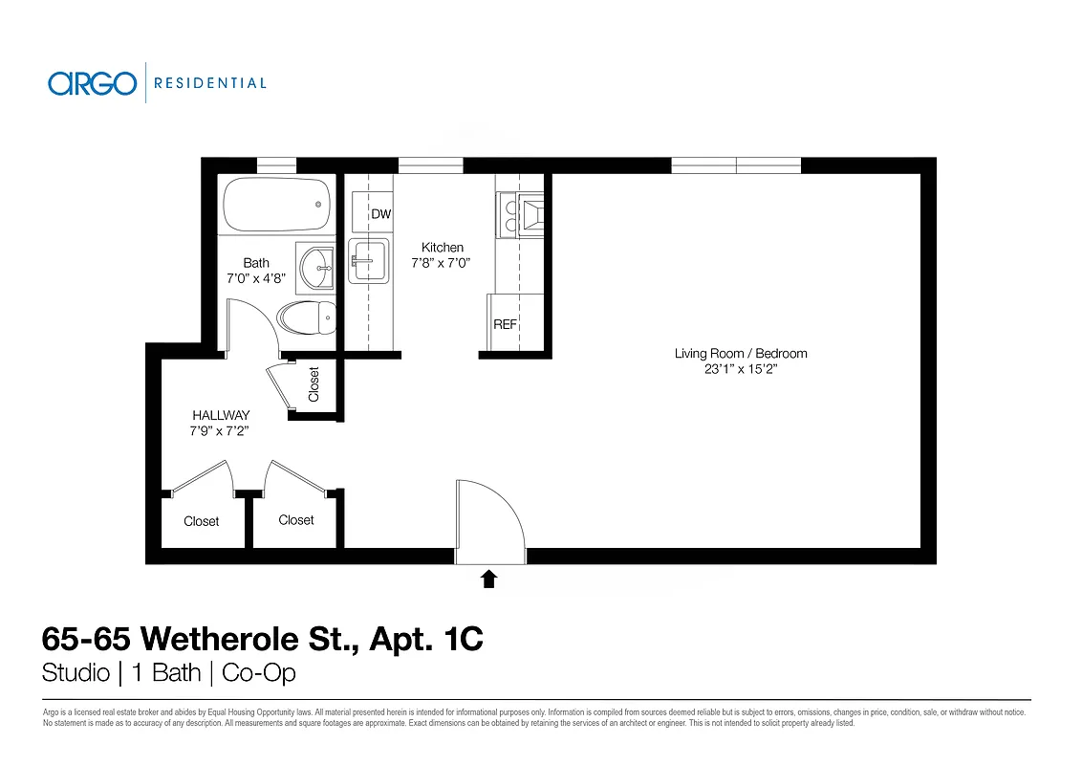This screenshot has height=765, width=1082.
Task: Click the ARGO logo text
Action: click(92, 83)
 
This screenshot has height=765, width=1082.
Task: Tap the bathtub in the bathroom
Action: click(277, 204)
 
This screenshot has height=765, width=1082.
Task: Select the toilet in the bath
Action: click(308, 317)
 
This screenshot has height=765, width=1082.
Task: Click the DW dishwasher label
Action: click(381, 214)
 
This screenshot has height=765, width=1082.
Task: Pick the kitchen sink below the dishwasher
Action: click(367, 261)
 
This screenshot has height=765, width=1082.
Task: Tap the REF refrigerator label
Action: click(505, 324)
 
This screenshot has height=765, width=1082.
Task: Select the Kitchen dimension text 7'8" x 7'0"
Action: click(442, 263)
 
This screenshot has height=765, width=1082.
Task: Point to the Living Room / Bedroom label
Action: click(741, 354)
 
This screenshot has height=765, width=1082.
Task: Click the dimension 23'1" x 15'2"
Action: click(741, 369)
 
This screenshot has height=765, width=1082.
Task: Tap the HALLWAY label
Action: click(221, 415)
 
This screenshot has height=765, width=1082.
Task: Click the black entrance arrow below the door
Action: click(488, 578)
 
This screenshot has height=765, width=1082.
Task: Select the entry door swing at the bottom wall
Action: click(489, 521)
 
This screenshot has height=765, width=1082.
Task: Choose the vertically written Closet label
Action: click(314, 384)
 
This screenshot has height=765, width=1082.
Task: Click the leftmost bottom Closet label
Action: click(202, 521)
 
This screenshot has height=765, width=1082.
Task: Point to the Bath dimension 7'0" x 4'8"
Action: click(256, 279)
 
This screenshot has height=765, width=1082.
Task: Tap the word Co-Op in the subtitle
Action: click(258, 673)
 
